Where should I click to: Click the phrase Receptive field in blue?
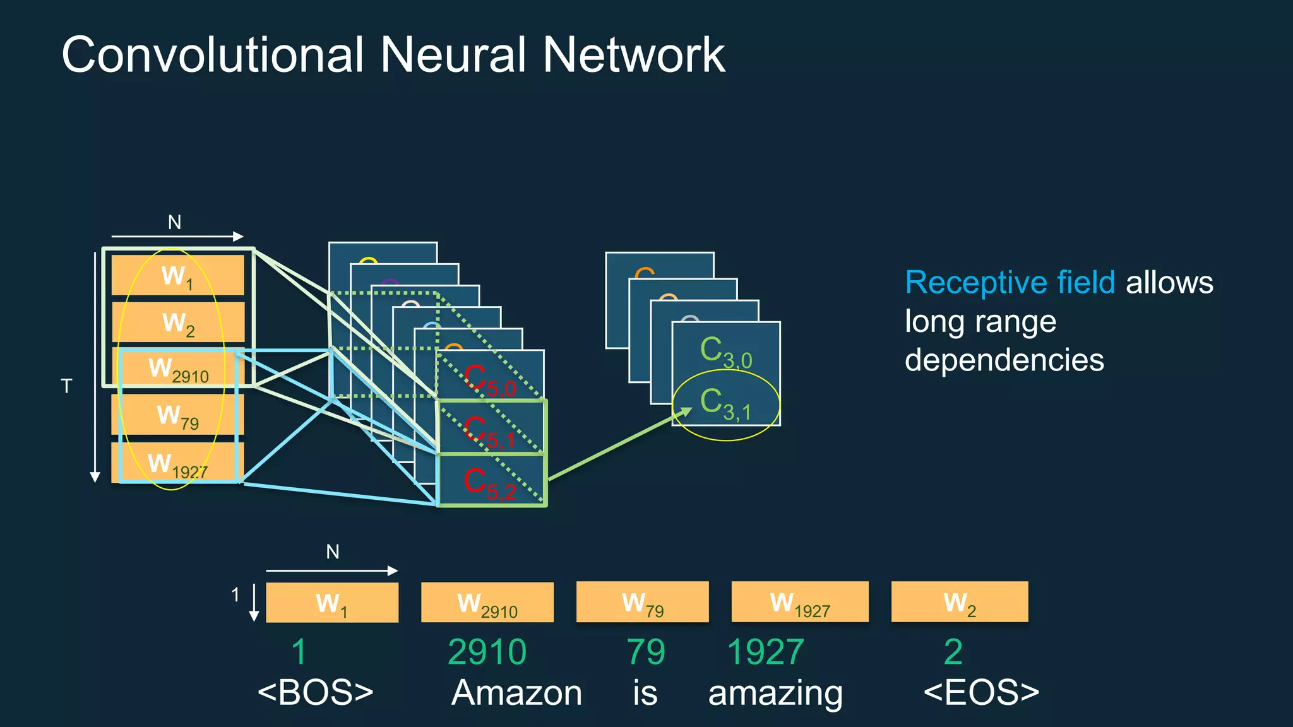pyautogui.click(x=1010, y=282)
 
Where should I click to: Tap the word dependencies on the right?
pyautogui.click(x=1004, y=360)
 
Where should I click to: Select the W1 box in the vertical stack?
pyautogui.click(x=177, y=275)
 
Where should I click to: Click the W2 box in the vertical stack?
pyautogui.click(x=178, y=322)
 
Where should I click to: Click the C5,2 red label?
pyautogui.click(x=490, y=483)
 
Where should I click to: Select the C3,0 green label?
pyautogui.click(x=725, y=352)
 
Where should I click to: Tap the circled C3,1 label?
pyautogui.click(x=725, y=404)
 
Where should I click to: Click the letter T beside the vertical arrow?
pyautogui.click(x=66, y=386)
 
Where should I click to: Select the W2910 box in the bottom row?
pyautogui.click(x=487, y=603)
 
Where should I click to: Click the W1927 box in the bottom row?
pyautogui.click(x=799, y=602)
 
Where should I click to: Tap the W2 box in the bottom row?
pyautogui.click(x=959, y=602)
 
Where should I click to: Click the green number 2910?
pyautogui.click(x=487, y=652)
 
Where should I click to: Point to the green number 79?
pyautogui.click(x=645, y=652)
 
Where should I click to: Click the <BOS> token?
pyautogui.click(x=315, y=692)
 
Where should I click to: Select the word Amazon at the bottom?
pyautogui.click(x=516, y=692)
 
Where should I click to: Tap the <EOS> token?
pyautogui.click(x=980, y=692)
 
